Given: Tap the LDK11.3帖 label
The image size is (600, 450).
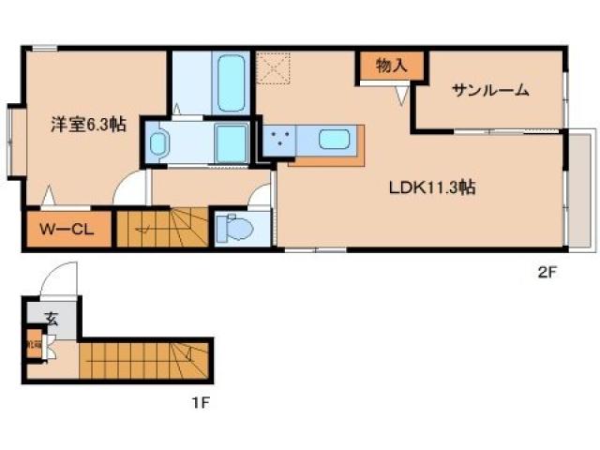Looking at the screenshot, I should [432, 187].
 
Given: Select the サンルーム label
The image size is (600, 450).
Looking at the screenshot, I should [490, 90].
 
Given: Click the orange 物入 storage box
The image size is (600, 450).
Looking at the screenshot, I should [391, 66].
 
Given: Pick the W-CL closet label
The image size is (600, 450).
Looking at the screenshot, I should [64, 229].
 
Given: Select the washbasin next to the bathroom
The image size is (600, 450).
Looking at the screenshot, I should [158, 143].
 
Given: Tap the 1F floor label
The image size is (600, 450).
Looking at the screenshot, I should [199, 404].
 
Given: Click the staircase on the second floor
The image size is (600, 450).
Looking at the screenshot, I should [159, 228].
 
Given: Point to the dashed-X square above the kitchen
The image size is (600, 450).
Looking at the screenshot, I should [274, 68].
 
